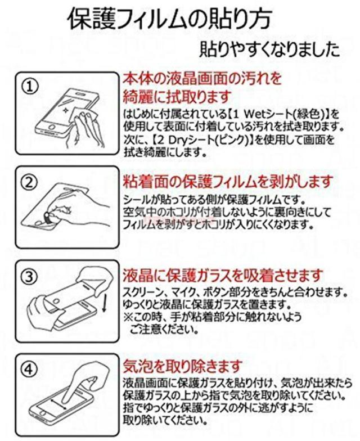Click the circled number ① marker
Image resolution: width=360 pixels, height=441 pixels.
(30, 87)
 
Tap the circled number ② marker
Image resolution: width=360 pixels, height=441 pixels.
(30, 182)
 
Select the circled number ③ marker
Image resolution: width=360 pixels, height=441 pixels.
(30, 277)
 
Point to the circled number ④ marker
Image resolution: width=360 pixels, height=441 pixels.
(30, 369)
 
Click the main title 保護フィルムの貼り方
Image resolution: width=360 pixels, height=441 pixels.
(170, 19)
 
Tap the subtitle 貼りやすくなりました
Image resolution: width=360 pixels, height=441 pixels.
(269, 49)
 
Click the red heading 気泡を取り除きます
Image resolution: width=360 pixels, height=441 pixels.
(182, 366)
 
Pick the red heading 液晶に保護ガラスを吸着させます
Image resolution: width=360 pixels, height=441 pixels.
(223, 276)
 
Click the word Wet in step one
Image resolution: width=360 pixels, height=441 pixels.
(257, 114)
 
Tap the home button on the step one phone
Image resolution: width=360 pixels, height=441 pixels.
(50, 132)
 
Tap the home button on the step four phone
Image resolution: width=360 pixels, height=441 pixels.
(42, 413)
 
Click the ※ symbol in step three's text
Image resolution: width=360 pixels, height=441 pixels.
(128, 317)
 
